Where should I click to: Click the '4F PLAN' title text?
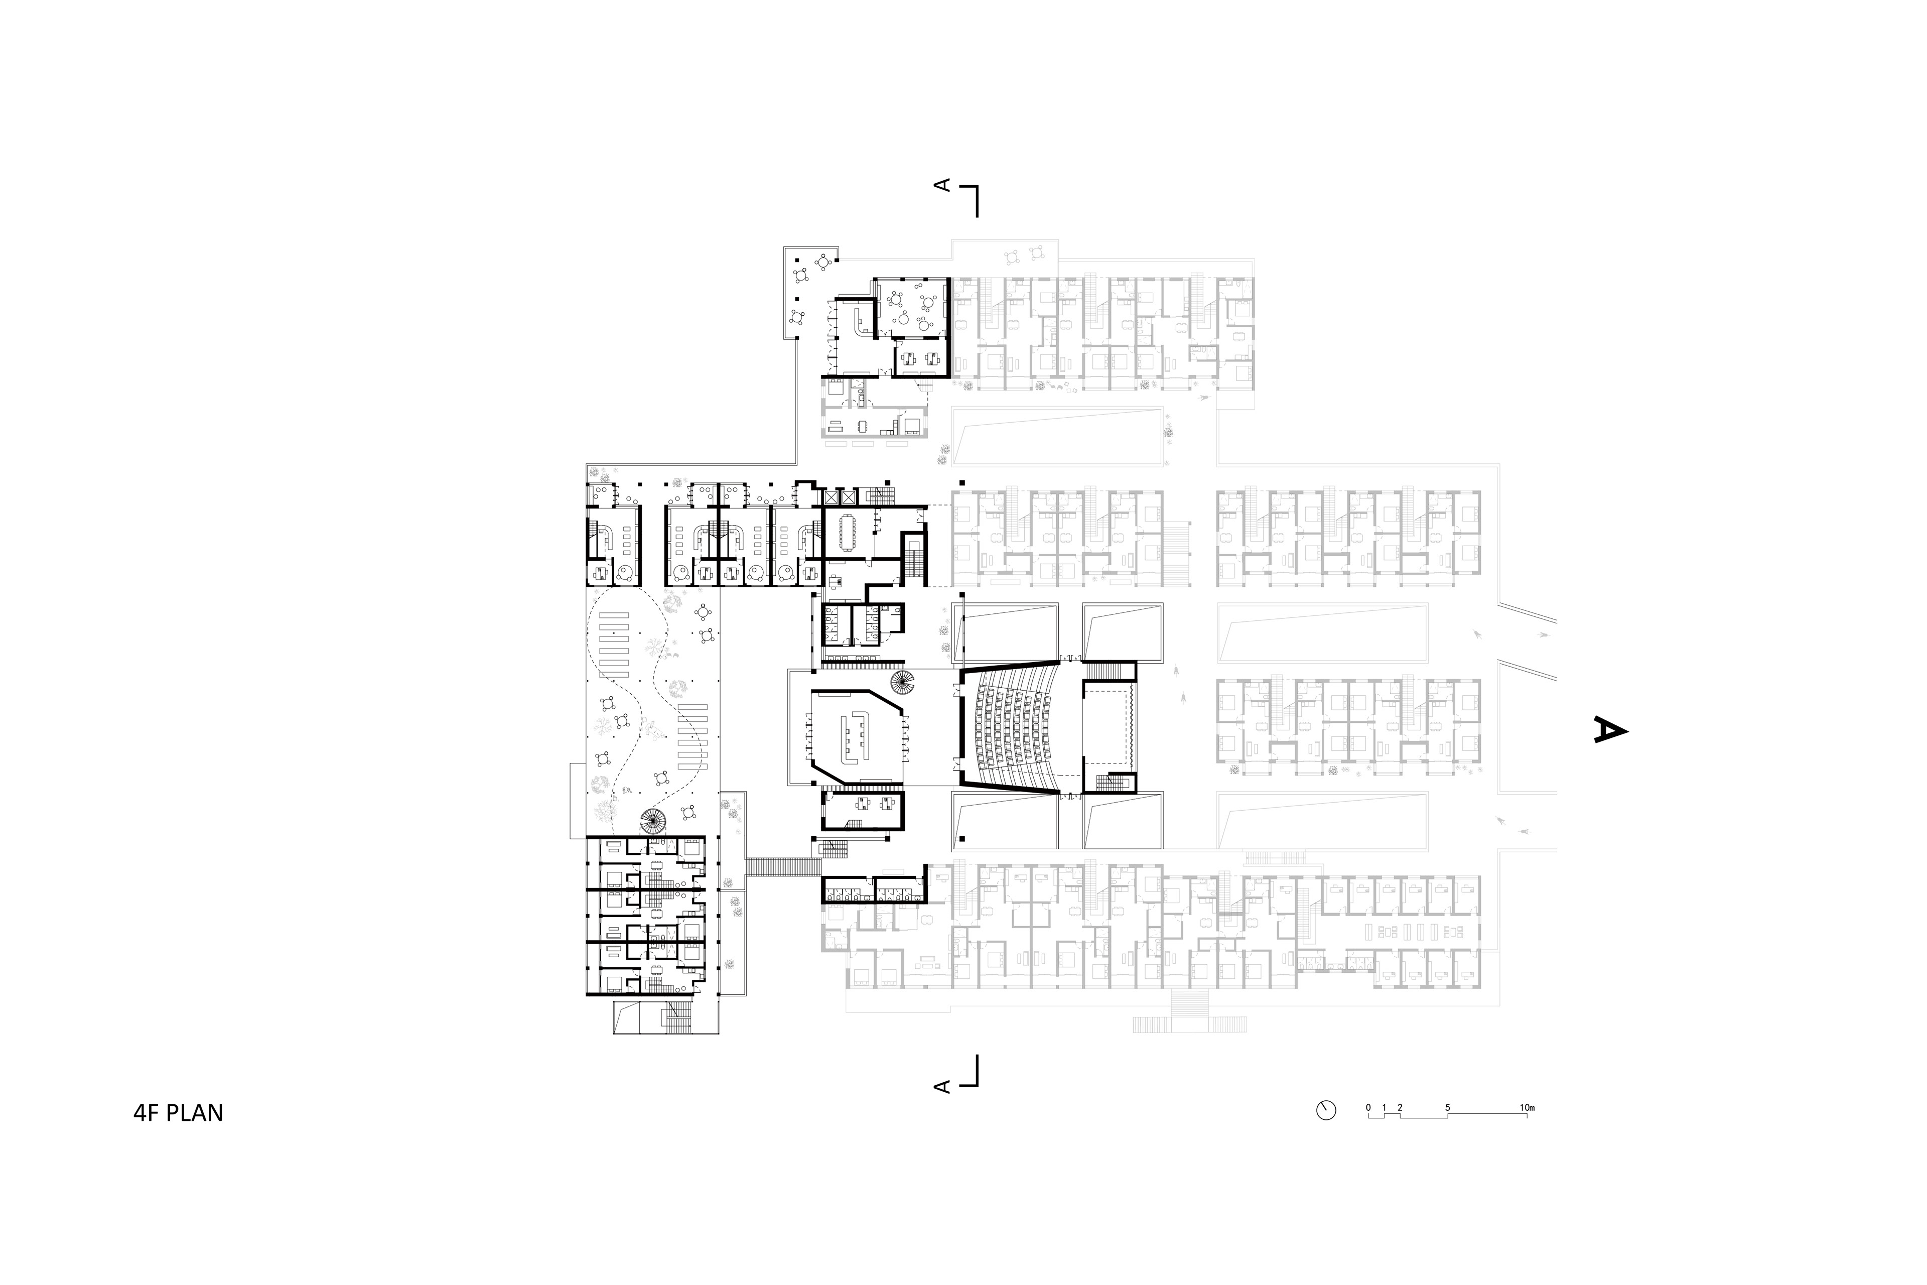tap(178, 1113)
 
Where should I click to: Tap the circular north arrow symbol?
tap(1326, 1110)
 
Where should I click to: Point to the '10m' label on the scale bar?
tap(1527, 1108)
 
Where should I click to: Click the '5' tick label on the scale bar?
tap(1448, 1108)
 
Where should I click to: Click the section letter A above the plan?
tap(943, 185)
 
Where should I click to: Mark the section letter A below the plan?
tap(943, 1087)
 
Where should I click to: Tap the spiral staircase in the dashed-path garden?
tap(654, 820)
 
